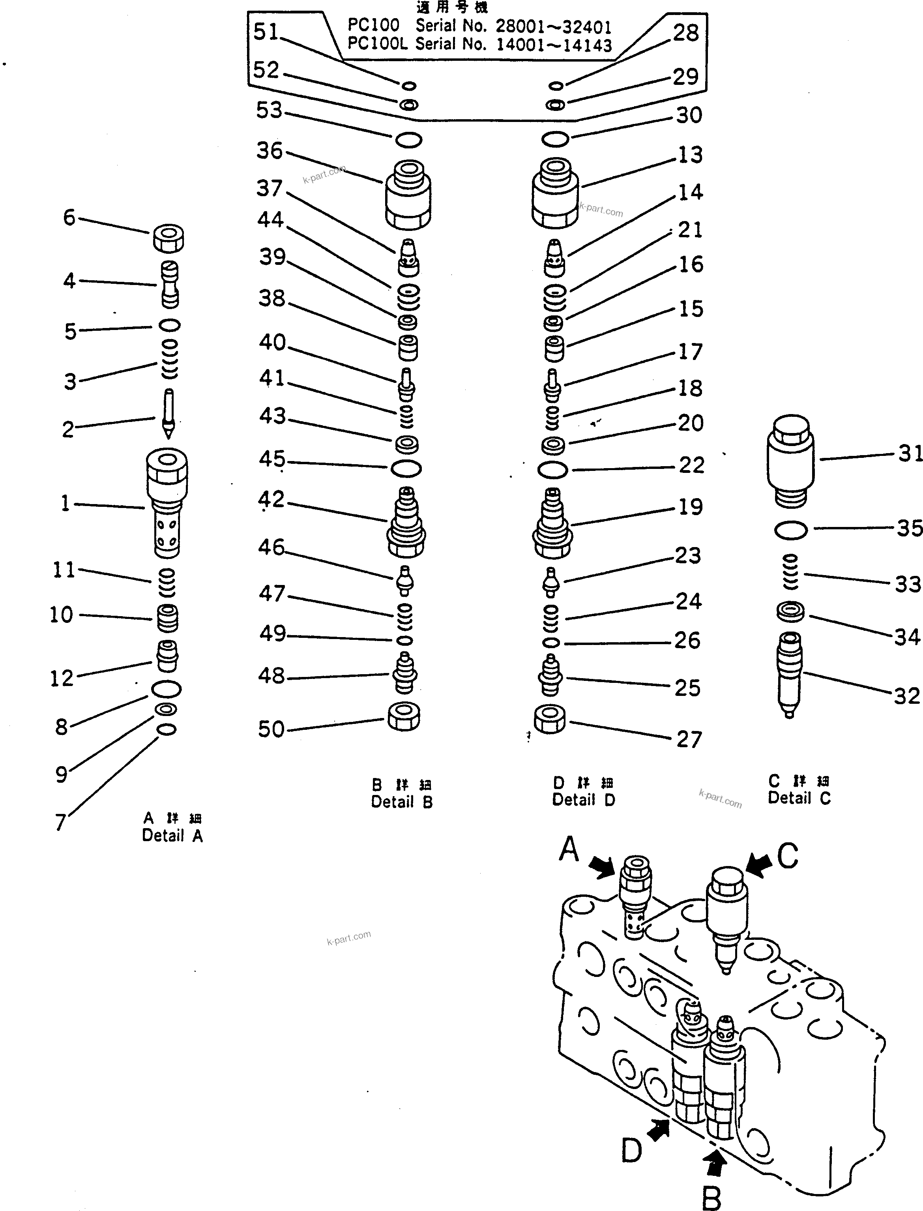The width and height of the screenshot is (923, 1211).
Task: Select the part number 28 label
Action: click(x=686, y=33)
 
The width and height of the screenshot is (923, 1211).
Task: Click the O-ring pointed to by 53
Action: click(x=408, y=140)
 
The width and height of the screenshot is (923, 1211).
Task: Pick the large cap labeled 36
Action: click(x=408, y=195)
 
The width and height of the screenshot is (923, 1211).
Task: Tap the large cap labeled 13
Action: click(x=555, y=193)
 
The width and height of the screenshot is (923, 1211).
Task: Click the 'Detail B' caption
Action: click(x=402, y=802)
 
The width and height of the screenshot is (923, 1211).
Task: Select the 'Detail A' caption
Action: click(x=172, y=835)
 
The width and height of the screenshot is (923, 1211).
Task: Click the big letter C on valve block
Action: click(x=787, y=856)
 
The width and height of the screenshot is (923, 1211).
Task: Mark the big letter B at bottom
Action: click(x=711, y=1198)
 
